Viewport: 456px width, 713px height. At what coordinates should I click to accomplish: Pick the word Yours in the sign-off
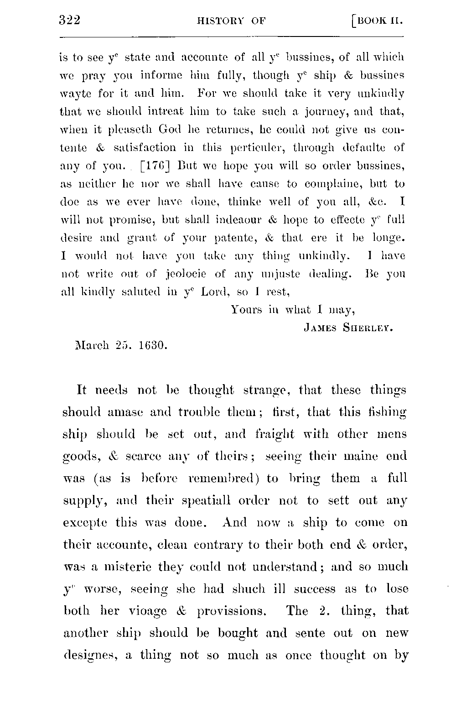point(247,310)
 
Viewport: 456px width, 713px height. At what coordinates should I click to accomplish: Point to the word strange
point(266,391)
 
